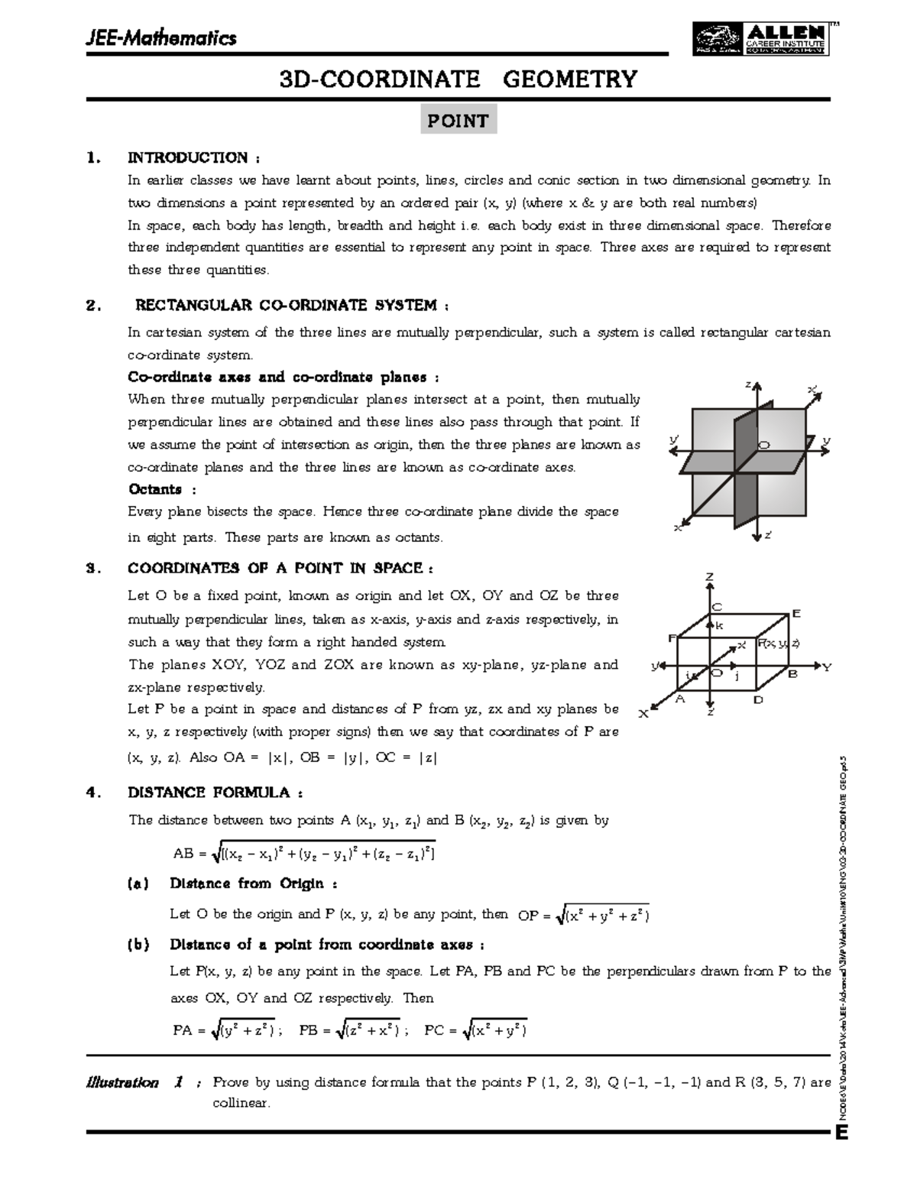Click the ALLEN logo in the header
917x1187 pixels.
pos(760,38)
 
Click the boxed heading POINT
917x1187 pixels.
pos(458,121)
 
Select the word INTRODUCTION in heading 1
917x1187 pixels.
pos(188,157)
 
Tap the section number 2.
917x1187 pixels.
pos(93,306)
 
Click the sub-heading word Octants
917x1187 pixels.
pos(155,489)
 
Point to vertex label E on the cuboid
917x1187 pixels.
pos(795,614)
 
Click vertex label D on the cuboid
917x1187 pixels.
pos(758,699)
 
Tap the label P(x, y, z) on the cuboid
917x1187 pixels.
pos(778,644)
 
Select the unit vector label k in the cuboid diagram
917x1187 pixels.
pos(719,626)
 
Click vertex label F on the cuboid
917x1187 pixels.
pos(672,637)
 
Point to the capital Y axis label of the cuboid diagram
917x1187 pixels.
pos(826,667)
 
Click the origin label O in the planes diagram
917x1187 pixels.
pos(763,445)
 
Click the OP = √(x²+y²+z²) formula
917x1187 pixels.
pos(584,915)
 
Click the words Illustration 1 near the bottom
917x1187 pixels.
pos(134,1082)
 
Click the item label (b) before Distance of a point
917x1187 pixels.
pos(138,945)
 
